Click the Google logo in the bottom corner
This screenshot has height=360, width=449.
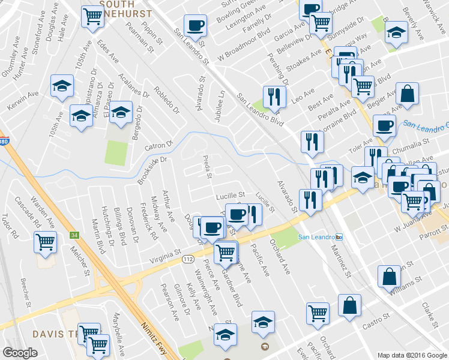pos(20,352)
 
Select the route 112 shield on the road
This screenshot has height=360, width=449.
pos(188,259)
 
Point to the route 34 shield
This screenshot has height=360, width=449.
pos(74,235)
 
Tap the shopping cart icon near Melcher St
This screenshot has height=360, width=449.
pos(46,242)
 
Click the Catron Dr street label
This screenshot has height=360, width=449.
pos(158,145)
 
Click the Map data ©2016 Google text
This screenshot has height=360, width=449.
pos(412,355)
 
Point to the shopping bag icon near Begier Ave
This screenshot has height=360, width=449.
pos(407,94)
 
